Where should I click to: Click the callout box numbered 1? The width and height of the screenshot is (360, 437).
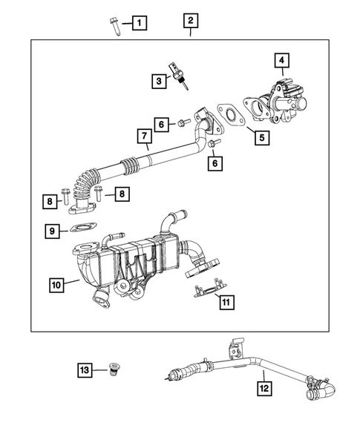tap(140, 23)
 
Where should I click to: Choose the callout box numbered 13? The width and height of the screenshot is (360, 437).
tap(86, 369)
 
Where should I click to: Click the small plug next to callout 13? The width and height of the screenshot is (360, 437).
tap(114, 369)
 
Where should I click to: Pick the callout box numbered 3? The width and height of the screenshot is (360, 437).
tap(160, 79)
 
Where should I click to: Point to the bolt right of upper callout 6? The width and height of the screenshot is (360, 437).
tap(183, 122)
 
